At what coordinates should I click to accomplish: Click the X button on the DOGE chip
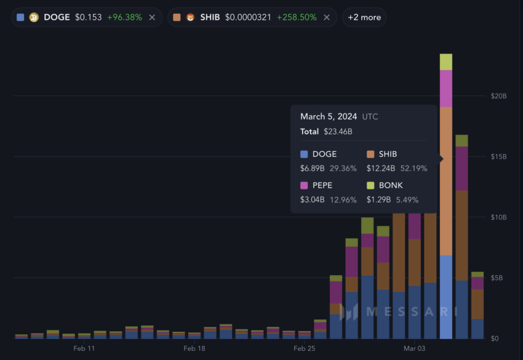pyautogui.click(x=152, y=17)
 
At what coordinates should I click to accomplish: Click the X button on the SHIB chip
pyautogui.click(x=326, y=17)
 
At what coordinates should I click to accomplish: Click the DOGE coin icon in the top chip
pyautogui.click(x=34, y=17)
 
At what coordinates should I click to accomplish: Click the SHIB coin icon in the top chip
pyautogui.click(x=191, y=17)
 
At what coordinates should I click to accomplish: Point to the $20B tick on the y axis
pyautogui.click(x=498, y=96)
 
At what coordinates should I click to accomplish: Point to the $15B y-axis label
pyautogui.click(x=498, y=157)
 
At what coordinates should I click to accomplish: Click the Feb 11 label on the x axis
pyautogui.click(x=84, y=348)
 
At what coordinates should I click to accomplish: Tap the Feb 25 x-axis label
pyautogui.click(x=304, y=348)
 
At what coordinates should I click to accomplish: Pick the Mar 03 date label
pyautogui.click(x=415, y=348)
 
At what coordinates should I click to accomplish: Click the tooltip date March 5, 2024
pyautogui.click(x=329, y=116)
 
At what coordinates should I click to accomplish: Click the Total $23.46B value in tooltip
pyautogui.click(x=338, y=131)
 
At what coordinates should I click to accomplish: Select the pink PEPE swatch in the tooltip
pyautogui.click(x=304, y=185)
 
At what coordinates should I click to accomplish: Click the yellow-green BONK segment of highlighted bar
pyautogui.click(x=446, y=62)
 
